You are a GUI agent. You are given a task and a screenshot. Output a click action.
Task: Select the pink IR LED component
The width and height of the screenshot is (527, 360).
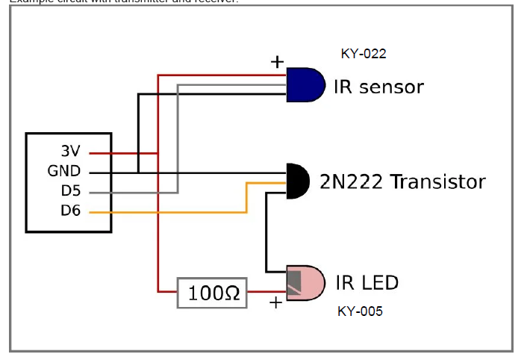coord(308,282)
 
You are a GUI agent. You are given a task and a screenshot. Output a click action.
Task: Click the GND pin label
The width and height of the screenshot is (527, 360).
coord(64,172)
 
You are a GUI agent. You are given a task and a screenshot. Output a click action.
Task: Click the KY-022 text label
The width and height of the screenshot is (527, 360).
coord(364,54)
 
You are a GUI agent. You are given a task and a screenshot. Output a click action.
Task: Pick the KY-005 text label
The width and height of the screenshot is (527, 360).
coord(360,311)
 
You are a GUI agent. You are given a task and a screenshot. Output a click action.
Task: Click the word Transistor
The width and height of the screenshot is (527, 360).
coord(438,182)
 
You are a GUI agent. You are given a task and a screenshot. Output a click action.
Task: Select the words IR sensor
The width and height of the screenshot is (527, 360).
coord(378,87)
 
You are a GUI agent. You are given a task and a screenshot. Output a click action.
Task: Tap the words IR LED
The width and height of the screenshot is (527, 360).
coord(367,283)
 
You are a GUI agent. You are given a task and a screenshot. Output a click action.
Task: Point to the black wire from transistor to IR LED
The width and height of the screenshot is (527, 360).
coord(266,232)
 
